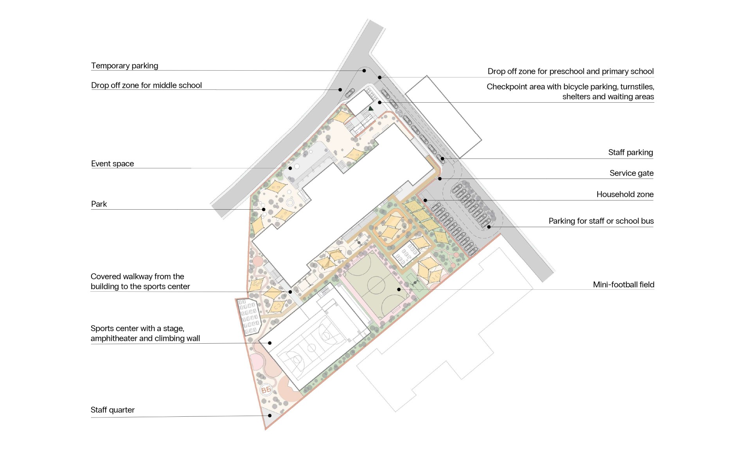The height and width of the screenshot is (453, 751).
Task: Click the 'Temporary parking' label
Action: (x=124, y=66)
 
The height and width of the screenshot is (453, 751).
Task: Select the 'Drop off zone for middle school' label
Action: (x=146, y=85)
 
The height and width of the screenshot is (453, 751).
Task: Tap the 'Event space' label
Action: (x=112, y=164)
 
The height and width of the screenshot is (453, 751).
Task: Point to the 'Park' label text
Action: (x=99, y=204)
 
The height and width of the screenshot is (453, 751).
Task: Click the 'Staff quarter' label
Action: (x=113, y=410)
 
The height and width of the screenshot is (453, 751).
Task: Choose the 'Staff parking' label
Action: (x=631, y=152)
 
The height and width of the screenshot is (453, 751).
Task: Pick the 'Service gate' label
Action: (x=631, y=173)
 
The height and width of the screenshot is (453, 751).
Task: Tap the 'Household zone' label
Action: (x=625, y=194)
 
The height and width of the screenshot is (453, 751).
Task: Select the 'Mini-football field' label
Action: (x=623, y=284)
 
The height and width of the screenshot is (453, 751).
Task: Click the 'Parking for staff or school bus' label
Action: (x=601, y=221)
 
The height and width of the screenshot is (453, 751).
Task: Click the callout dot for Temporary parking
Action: (x=364, y=71)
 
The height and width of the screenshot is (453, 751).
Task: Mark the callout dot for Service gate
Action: (x=440, y=179)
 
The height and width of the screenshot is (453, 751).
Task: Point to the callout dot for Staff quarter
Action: (x=270, y=416)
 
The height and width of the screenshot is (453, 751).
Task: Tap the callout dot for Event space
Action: (x=290, y=168)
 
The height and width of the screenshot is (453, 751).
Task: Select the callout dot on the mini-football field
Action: (x=399, y=289)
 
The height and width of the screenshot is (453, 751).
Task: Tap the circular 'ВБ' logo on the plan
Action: (x=266, y=390)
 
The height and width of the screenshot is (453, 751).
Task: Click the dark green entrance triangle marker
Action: (x=371, y=108)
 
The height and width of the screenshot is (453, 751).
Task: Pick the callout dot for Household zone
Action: (x=425, y=200)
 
